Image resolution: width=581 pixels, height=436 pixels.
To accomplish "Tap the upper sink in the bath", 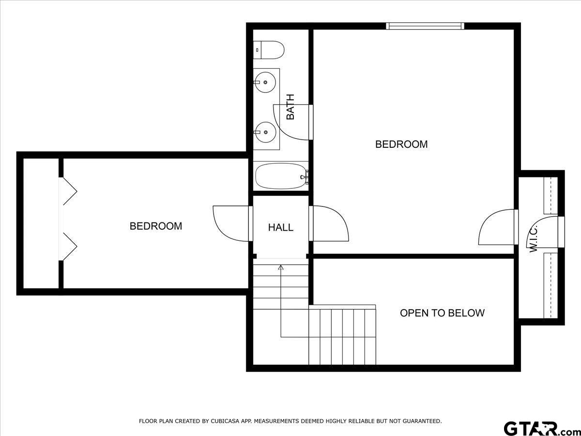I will coord(265,83).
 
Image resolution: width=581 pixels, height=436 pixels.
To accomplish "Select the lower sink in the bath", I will coord(265,131).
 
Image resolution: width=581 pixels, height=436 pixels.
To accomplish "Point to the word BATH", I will coord(290,107).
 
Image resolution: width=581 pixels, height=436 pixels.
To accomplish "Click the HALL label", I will coord(281,227).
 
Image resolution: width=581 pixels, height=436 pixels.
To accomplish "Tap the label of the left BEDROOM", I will coord(155,226).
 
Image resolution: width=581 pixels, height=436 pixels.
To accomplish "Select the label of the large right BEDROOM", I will coord(401,144).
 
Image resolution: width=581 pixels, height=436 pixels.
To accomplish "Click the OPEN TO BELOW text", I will coord(442,313).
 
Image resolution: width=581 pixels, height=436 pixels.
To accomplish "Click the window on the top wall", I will coord(425,26).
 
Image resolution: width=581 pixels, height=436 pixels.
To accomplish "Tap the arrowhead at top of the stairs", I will coord(281,266).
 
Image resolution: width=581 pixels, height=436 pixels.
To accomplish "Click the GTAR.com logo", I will coord(538,428).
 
